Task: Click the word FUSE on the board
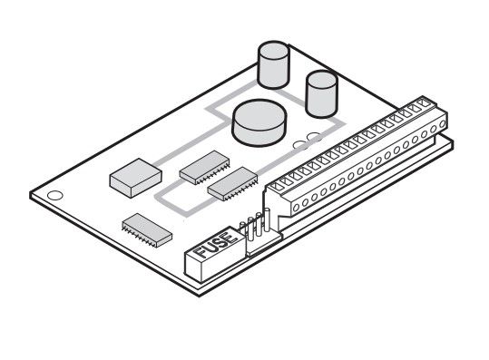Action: pos(216,244)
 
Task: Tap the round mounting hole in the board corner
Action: pos(54,195)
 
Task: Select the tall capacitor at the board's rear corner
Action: pos(273,64)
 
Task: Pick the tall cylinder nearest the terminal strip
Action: pos(321,93)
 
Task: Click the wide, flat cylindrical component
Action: pos(259,122)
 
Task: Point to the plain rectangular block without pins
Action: pos(136,178)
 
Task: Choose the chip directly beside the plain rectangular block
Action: pos(205,168)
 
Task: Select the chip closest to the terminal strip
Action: pos(232,183)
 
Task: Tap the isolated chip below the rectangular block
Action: pos(147,230)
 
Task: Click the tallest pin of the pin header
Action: pos(267,219)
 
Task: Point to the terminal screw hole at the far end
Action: pos(442,124)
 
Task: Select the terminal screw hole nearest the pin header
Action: pos(296,207)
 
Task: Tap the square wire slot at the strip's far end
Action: pos(424,102)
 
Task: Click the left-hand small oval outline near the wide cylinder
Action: pos(300,144)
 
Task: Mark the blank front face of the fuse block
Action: pos(193,266)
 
